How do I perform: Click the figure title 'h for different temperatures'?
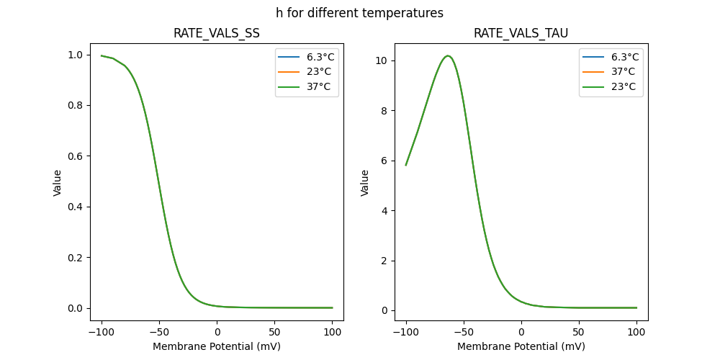(359, 13)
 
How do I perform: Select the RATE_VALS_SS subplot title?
(217, 34)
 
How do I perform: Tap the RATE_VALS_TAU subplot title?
(521, 34)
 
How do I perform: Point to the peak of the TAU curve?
(448, 55)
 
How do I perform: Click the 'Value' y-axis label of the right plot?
(365, 182)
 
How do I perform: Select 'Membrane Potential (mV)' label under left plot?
(217, 346)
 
